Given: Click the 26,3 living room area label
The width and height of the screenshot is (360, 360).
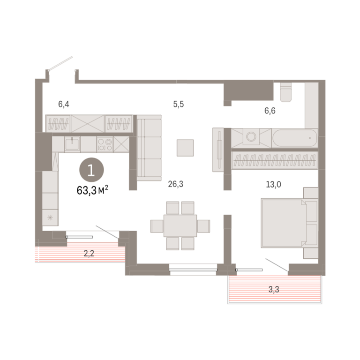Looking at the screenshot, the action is (176, 184).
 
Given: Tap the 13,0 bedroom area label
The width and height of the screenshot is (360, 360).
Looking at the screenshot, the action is (273, 184).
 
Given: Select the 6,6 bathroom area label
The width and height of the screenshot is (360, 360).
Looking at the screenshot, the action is (270, 111).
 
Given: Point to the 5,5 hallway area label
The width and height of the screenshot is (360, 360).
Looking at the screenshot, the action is (179, 105).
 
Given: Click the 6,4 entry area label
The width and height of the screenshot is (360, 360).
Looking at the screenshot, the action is (64, 105).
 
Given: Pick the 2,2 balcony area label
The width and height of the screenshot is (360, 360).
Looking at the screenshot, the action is (89, 254).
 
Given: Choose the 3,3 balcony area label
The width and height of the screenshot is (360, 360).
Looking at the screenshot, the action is (274, 290).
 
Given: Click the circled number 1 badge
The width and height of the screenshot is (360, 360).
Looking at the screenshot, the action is (91, 170).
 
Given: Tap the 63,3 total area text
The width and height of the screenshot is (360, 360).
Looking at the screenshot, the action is (92, 190).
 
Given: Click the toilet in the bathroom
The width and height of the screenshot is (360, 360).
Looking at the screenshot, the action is (286, 92).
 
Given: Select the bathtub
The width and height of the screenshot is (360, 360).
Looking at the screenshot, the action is (294, 138).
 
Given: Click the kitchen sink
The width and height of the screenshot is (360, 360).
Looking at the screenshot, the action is (72, 144).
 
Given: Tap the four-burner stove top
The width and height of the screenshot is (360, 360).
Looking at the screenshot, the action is (105, 144).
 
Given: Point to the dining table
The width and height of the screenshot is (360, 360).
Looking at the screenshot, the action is (180, 225).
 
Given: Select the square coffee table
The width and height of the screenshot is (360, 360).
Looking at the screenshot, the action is (185, 148).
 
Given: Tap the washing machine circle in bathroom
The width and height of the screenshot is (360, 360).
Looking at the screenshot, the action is (251, 136).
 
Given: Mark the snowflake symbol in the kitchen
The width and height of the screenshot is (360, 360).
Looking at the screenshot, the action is (50, 217).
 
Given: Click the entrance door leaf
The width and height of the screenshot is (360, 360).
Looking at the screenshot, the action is (61, 63).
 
